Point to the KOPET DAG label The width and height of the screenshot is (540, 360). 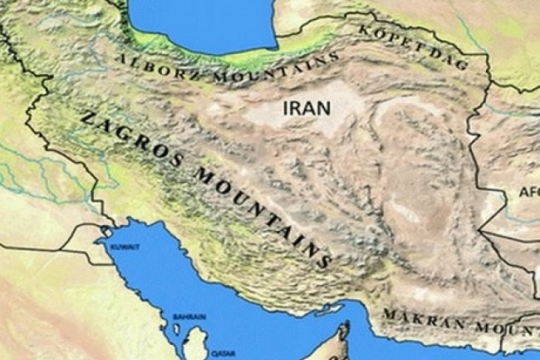tap(414, 45)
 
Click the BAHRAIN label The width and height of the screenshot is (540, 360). tap(188, 318)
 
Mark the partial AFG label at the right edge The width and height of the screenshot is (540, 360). tap(528, 192)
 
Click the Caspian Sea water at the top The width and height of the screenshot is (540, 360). tap(202, 22)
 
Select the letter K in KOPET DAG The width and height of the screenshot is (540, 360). tap(365, 31)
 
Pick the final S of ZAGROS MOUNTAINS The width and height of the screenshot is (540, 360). tap(324, 262)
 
